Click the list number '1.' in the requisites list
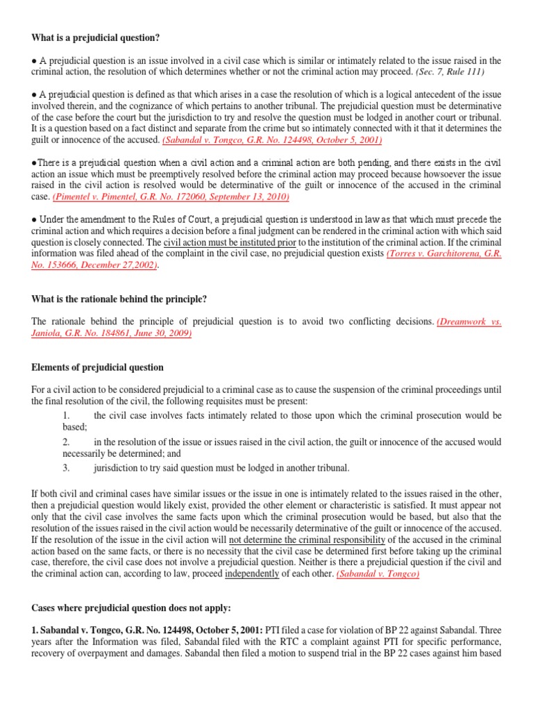pos(67,415)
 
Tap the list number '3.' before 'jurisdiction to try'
pos(67,467)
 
